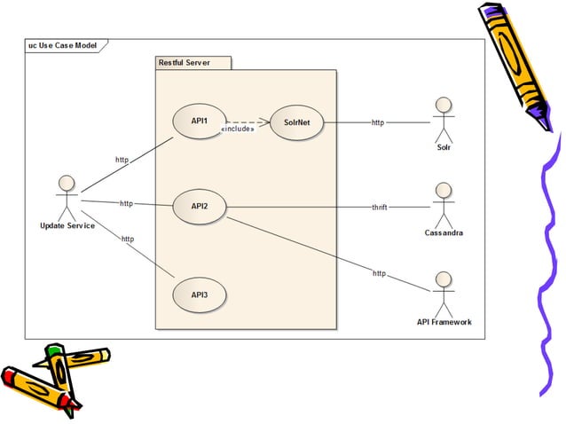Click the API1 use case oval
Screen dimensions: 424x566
tap(199, 122)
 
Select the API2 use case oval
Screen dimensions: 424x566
tap(199, 206)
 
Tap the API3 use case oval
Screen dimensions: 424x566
tap(199, 294)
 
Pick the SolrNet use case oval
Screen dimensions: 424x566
tap(295, 122)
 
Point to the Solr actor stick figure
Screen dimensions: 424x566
tap(443, 118)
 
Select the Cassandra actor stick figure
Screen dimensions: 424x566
tap(443, 205)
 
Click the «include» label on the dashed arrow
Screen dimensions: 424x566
tap(237, 130)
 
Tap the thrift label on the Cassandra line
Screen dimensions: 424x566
tap(379, 207)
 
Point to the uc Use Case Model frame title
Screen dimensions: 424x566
tap(62, 44)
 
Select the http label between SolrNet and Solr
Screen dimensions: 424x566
tap(378, 122)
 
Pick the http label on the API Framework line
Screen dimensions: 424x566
tap(379, 273)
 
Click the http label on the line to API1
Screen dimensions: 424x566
tap(122, 160)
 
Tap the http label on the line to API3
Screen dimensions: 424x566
tap(127, 239)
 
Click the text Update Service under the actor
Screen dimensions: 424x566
tap(67, 225)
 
